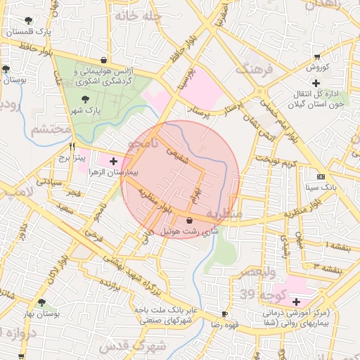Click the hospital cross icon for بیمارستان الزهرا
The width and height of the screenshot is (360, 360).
tap(114, 161)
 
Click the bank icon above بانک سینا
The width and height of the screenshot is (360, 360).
tap(321, 176)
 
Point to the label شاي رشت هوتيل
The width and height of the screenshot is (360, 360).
tap(190, 231)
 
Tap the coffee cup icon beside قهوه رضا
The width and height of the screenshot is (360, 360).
tap(224, 314)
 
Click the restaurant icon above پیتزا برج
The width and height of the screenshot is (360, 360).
tap(72, 146)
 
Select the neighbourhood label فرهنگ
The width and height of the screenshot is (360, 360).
tap(252, 69)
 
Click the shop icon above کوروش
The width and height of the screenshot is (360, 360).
tap(318, 56)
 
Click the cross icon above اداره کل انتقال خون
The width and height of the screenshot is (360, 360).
tap(316, 83)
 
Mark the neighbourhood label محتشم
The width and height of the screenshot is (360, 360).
tap(49, 129)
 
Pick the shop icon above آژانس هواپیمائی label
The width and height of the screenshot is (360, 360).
tap(104, 60)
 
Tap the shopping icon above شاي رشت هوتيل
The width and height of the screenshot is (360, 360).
tap(189, 220)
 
